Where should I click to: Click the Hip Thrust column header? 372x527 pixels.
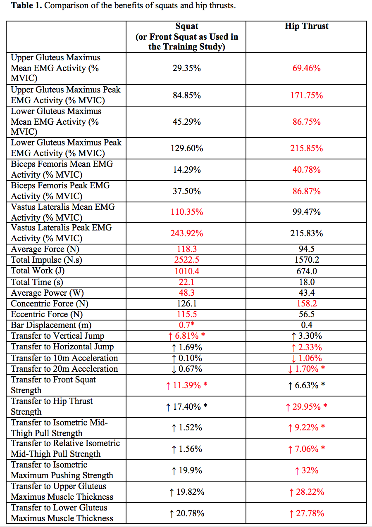coord(306,26)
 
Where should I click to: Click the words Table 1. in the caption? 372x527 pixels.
coord(26,5)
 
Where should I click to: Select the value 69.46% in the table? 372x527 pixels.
coord(306,68)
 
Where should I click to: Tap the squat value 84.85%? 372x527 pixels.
coord(187,95)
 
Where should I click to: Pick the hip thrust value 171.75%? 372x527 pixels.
coord(306,95)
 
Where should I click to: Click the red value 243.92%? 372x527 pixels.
coord(187,233)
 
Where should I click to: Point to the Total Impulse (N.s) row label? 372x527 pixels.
coord(46,260)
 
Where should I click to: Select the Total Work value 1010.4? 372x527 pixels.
coord(187,271)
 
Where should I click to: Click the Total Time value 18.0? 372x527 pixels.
coord(307,282)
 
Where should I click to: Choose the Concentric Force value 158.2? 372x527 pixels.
coord(307,303)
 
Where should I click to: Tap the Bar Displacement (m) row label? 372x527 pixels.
coord(51,325)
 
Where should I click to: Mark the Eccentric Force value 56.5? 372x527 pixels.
coord(307,314)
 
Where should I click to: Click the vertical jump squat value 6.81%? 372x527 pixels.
coord(187,336)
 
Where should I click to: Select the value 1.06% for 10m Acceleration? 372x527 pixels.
coord(310,358)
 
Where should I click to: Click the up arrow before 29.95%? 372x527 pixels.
coord(288,407)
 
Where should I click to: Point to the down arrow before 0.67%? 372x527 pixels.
coord(174,369)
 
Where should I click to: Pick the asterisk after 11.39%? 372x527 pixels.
coord(205,385)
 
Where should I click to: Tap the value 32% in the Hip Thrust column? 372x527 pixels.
coord(310,470)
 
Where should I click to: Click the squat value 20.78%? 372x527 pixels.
coord(190,513)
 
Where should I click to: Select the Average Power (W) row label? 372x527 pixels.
coord(47,293)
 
